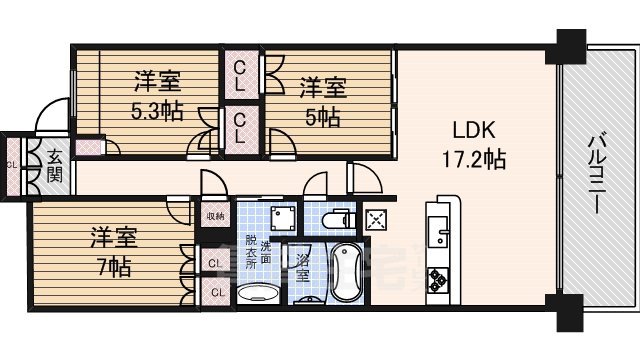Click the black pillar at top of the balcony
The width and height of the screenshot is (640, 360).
[570, 45]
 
